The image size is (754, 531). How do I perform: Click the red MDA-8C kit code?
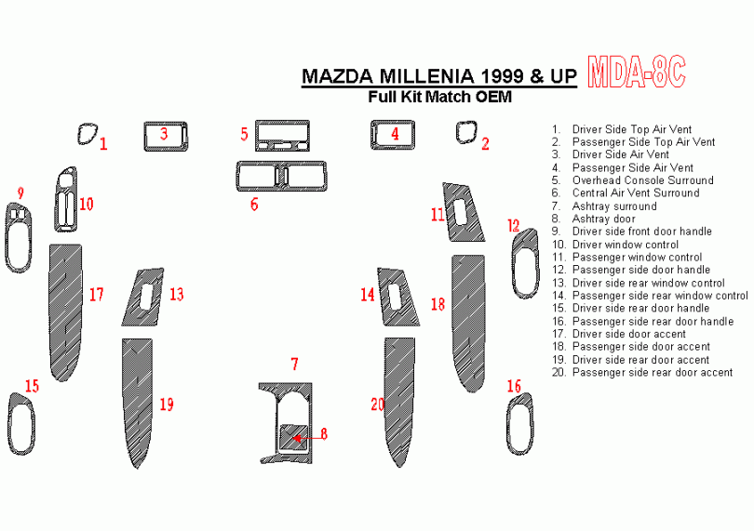(x=636, y=73)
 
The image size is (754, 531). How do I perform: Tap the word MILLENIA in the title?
(x=426, y=76)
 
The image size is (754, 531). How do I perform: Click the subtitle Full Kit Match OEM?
(x=439, y=97)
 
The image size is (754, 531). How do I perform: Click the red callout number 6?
(x=254, y=205)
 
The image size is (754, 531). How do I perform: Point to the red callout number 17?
(x=96, y=294)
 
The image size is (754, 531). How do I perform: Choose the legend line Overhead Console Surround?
(x=642, y=180)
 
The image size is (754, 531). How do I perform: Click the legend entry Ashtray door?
(x=603, y=219)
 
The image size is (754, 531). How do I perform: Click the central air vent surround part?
(x=281, y=165)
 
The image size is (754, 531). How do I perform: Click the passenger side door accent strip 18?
(x=468, y=322)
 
